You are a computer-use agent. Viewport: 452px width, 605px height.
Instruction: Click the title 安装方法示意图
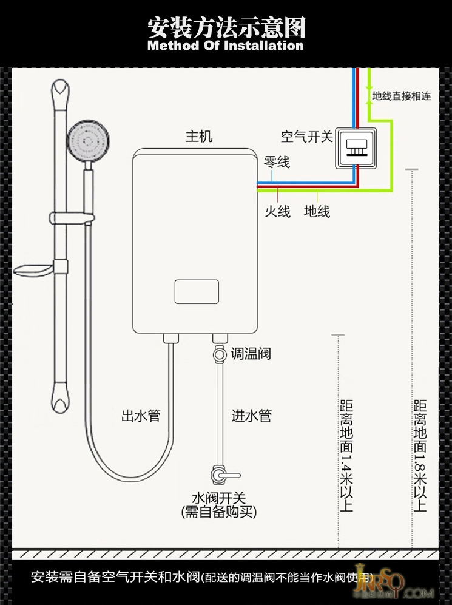point(226,27)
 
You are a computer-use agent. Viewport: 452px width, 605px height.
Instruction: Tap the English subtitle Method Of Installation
point(226,46)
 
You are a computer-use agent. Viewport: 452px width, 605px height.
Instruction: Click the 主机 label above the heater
point(199,137)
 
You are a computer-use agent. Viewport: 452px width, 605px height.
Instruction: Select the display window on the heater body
point(197,291)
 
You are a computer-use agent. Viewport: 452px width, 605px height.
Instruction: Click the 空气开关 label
point(307,137)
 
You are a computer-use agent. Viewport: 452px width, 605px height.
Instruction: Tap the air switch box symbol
point(356,148)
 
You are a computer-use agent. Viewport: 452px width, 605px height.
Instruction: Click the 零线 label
point(277,162)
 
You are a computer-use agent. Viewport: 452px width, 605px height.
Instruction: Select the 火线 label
point(277,211)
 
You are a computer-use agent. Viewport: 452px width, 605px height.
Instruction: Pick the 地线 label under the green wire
point(317,211)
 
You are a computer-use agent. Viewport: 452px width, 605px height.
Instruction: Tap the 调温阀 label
point(251,354)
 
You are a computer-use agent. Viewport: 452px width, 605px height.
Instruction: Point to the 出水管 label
point(141,416)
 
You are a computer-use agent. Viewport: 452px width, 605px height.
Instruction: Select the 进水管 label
point(251,416)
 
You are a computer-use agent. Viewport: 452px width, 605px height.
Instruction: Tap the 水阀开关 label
point(219,499)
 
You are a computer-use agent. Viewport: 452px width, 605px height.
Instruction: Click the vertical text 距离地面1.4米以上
point(346,455)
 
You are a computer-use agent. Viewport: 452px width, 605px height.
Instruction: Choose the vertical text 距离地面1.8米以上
point(420,455)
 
